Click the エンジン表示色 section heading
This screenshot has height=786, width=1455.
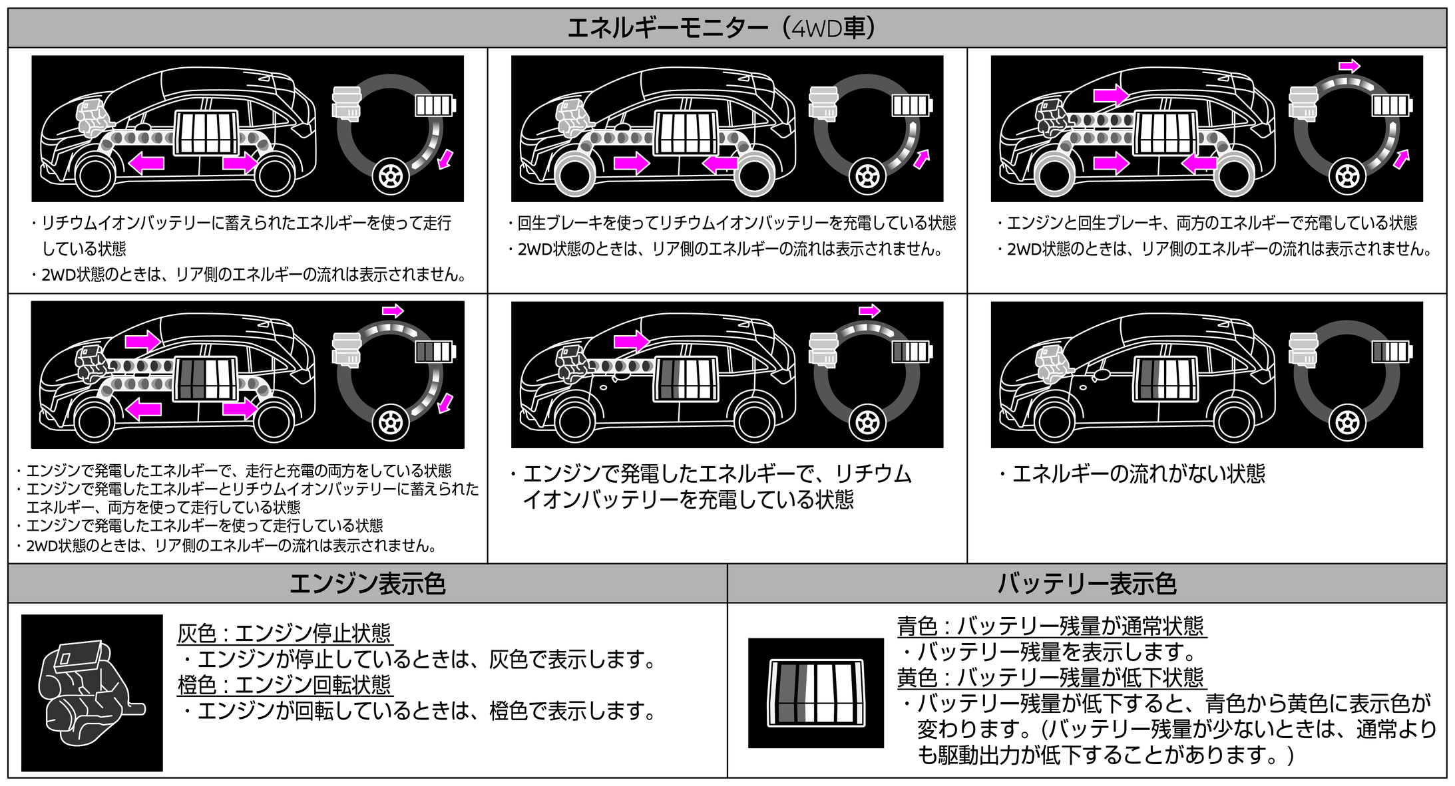tap(367, 583)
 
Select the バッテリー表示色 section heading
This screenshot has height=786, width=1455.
tap(1086, 583)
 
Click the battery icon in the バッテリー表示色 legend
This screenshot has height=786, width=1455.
tap(816, 692)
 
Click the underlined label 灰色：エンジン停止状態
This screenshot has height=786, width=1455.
tap(284, 632)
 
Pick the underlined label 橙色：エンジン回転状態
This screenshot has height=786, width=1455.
tap(284, 684)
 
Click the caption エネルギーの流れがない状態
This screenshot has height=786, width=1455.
tap(1138, 473)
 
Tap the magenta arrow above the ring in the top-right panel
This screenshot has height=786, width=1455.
tap(1349, 66)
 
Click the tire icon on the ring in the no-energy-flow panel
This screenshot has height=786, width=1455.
tap(1347, 422)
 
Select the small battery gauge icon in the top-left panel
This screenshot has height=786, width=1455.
tap(435, 105)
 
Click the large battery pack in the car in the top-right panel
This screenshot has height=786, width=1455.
tap(1165, 133)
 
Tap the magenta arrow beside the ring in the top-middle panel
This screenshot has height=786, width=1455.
tap(921, 159)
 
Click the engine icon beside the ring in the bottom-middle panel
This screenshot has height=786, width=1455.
tap(823, 349)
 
